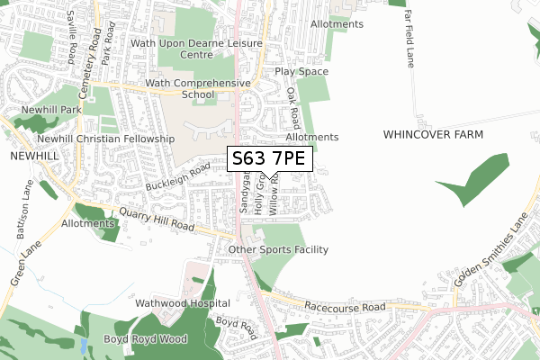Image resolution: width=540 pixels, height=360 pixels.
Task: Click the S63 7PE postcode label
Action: click(269, 159)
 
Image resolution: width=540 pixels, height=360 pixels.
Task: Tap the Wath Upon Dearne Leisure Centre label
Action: click(196, 49)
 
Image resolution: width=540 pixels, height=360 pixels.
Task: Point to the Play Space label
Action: click(301, 71)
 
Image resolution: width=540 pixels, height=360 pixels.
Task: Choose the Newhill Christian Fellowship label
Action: click(105, 139)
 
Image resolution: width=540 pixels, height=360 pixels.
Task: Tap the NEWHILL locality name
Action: click(34, 156)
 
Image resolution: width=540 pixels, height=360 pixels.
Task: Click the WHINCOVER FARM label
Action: click(433, 134)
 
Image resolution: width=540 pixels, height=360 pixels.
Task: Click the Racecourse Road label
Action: click(344, 306)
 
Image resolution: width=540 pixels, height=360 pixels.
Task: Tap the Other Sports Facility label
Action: click(278, 249)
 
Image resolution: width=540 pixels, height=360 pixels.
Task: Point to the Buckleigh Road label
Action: click(178, 176)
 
